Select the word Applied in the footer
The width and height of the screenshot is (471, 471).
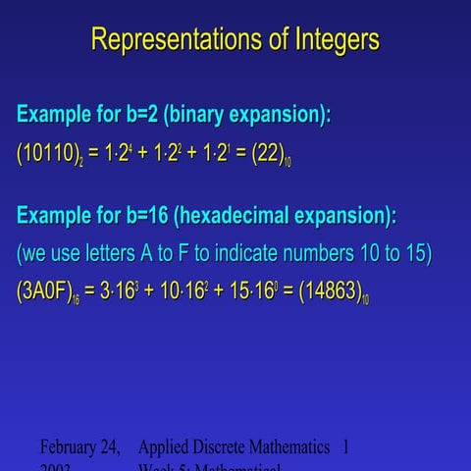pos(166,447)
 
